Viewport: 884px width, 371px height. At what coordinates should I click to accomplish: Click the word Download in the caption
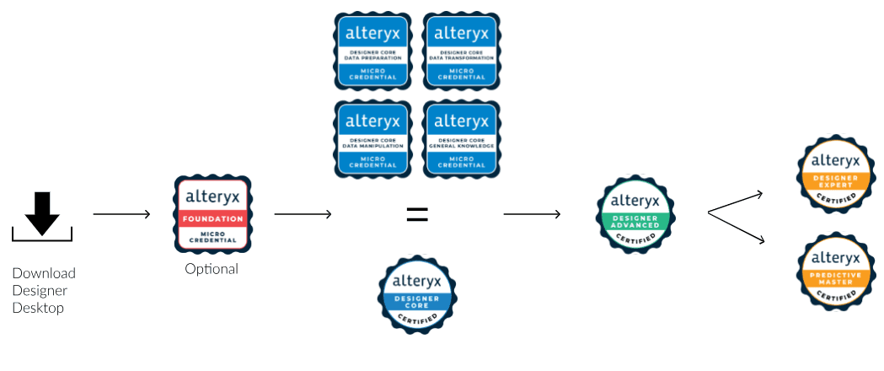click(x=44, y=273)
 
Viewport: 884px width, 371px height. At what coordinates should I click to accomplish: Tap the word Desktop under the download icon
click(x=38, y=308)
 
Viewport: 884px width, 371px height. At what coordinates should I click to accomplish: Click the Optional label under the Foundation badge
click(x=212, y=269)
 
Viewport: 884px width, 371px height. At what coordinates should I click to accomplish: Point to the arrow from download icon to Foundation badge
click(x=121, y=214)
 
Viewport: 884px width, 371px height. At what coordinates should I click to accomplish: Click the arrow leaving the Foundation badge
click(x=303, y=214)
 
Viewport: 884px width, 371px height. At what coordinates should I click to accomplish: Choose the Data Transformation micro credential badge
click(x=460, y=51)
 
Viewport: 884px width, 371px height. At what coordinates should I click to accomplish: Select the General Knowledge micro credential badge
click(x=460, y=140)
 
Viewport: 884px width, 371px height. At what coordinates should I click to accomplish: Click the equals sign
click(x=416, y=214)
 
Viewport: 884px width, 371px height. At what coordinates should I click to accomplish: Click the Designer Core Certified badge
click(x=416, y=295)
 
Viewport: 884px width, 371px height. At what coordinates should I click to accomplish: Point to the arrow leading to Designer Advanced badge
click(x=532, y=214)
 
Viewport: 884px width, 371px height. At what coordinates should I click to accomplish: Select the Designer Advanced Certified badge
click(x=637, y=212)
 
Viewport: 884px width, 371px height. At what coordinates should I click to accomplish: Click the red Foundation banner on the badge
click(x=212, y=219)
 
